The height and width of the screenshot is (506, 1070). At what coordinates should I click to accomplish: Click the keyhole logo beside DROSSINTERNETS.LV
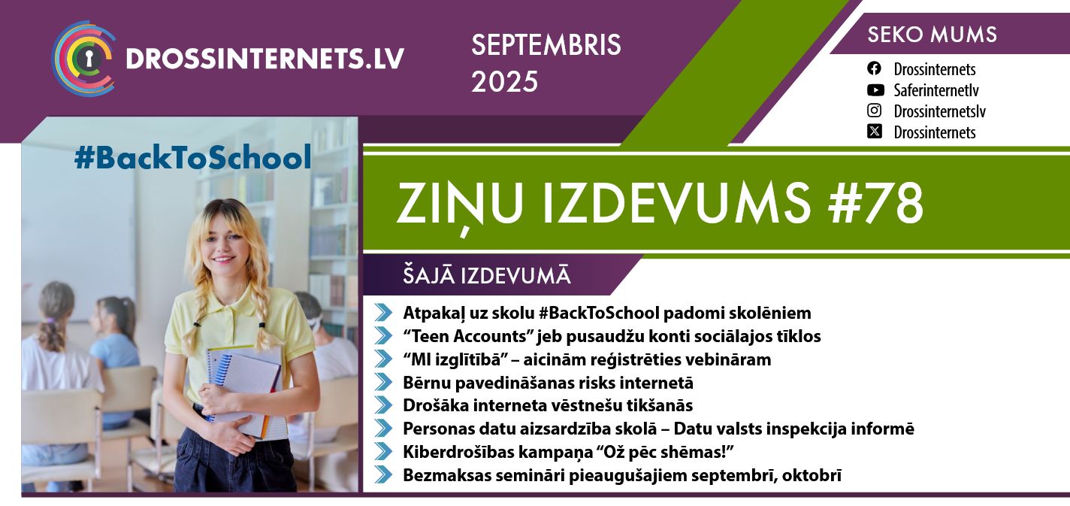[84, 59]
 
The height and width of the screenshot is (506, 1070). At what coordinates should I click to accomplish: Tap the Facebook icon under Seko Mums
[874, 69]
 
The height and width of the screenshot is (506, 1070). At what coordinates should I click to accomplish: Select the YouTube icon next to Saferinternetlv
[875, 89]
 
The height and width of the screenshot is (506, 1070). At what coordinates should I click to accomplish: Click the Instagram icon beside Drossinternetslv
[874, 111]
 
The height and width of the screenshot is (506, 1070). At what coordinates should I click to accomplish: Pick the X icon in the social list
[874, 132]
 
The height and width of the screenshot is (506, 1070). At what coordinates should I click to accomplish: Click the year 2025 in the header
[504, 81]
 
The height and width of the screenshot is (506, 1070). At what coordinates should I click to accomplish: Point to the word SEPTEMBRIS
[546, 45]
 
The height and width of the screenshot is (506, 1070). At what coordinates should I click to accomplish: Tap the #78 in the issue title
[875, 204]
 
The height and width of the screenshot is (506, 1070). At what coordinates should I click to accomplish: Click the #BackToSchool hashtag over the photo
[193, 157]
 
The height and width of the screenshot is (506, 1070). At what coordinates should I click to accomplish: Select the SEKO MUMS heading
[932, 35]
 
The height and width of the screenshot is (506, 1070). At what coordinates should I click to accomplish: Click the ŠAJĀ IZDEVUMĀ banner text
[487, 276]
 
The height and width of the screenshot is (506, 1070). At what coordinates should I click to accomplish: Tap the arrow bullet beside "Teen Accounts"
[383, 336]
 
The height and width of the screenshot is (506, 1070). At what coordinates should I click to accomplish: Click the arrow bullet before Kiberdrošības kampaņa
[383, 452]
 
